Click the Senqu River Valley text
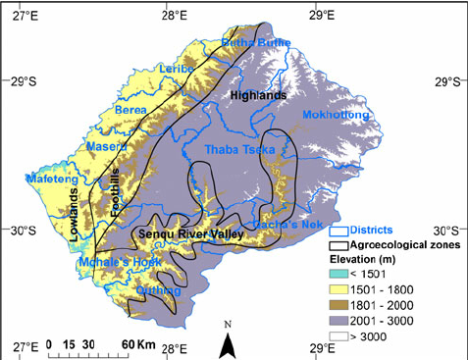click(x=185, y=235)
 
